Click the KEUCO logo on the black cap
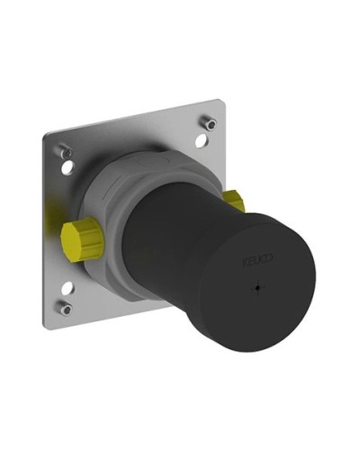pos(257,261)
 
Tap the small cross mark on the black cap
pos(257,288)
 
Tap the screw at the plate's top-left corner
pos(66,151)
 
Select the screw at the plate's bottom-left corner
pos(66,308)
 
